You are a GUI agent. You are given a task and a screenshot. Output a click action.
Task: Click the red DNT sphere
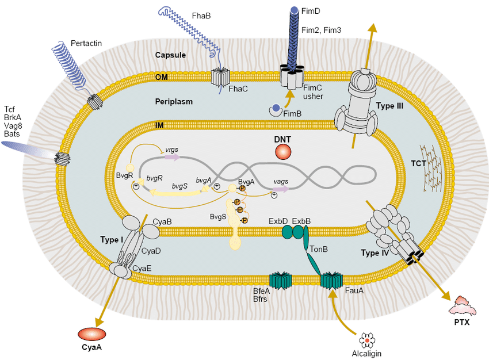coord(283,151)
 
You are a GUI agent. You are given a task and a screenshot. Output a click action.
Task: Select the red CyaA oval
coord(91,334)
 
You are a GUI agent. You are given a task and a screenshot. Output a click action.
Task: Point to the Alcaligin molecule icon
coord(366,340)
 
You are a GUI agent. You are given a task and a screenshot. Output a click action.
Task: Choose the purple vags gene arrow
coord(281,189)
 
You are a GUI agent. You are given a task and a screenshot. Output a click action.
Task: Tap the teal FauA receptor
coord(331,281)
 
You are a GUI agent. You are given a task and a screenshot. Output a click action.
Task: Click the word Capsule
coord(170,55)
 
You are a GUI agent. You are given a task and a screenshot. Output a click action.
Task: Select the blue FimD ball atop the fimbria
coord(294,10)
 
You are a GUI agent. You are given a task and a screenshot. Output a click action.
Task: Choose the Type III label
coord(390,106)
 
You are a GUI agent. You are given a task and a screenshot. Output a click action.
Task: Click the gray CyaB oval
coord(148,230)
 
